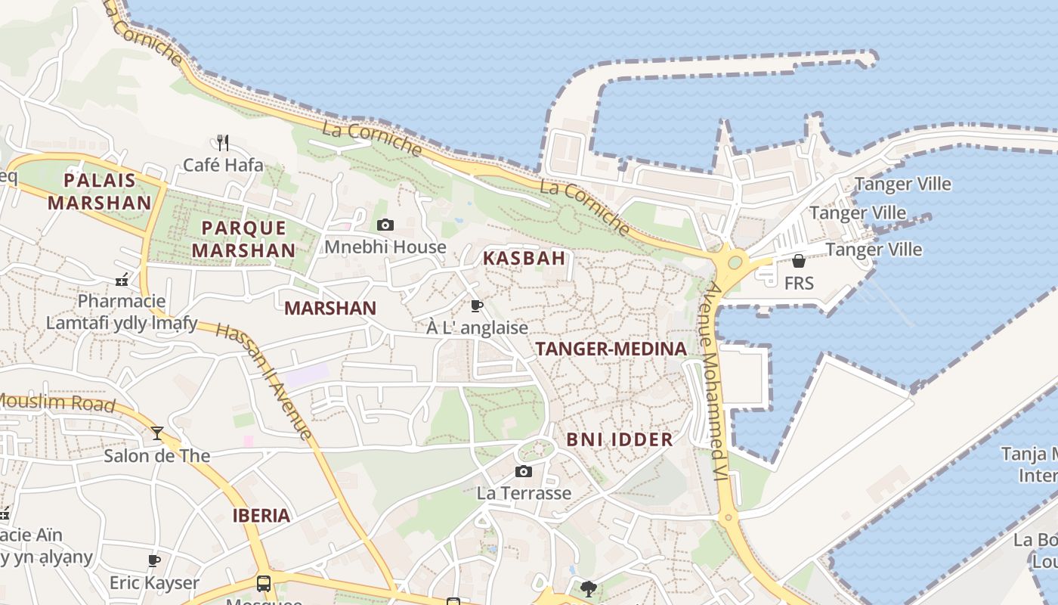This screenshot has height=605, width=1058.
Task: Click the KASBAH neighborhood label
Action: (x=524, y=258)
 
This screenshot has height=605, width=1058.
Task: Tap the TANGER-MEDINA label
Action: (x=611, y=349)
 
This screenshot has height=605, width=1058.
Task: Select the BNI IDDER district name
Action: (x=619, y=439)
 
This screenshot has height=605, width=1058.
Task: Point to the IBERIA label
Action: (x=261, y=516)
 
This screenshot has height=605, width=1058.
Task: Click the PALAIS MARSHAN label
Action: (x=100, y=191)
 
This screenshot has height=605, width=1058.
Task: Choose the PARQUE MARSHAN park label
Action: (x=243, y=238)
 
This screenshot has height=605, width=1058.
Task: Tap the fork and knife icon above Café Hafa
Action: (x=222, y=142)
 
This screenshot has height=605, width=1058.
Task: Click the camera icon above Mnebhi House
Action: (x=385, y=225)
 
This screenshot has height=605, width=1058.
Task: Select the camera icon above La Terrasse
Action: (x=523, y=472)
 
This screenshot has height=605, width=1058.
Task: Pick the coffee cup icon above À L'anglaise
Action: (x=476, y=306)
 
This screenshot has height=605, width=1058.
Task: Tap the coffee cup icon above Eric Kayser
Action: (x=154, y=560)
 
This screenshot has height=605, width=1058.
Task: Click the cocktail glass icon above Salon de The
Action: (x=157, y=433)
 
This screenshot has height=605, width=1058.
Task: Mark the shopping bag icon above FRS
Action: (x=798, y=261)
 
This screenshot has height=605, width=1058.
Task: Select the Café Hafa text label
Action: (x=224, y=165)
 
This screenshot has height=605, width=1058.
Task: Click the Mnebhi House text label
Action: (x=385, y=247)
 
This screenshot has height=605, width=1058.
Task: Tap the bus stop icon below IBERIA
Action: (x=263, y=584)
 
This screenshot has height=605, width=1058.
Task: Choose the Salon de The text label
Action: (x=156, y=456)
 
